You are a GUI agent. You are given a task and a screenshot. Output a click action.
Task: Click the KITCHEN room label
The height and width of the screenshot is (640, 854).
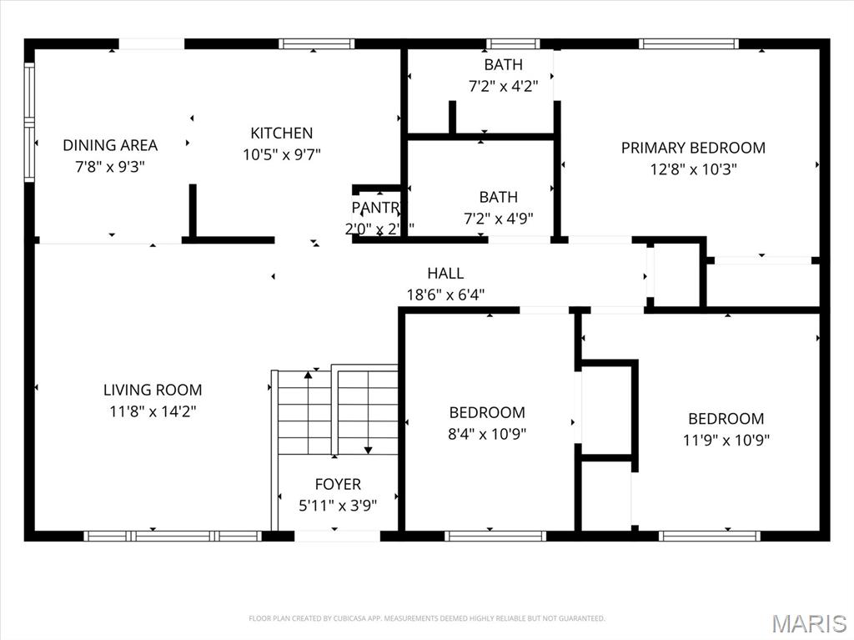coord(281,133)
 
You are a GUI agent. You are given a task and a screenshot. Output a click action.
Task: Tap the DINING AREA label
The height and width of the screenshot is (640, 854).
coord(110,145)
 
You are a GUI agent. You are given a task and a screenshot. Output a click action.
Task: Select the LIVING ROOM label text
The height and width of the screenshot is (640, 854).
coord(153,390)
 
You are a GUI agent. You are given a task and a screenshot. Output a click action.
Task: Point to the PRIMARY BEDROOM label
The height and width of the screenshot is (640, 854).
coord(693,148)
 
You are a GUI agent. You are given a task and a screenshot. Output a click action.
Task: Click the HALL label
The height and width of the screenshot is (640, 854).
coord(445,273)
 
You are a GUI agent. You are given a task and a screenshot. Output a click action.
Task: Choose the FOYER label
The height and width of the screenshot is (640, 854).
coord(338,484)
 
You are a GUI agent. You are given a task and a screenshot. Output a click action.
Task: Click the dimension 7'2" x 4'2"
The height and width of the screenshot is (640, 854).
coord(503,85)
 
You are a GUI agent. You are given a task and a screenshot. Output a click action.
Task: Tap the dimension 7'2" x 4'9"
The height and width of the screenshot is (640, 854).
coord(498,219)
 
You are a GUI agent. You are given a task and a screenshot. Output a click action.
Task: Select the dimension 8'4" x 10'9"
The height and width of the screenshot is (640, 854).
coord(487,434)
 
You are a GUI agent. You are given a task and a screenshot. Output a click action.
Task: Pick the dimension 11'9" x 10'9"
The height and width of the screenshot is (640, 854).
coord(726,440)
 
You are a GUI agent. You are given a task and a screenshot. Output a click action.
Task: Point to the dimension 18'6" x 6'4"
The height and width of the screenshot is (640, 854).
coord(445,294)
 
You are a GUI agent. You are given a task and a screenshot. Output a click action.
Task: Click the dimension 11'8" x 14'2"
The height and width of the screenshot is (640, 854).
coord(153,411)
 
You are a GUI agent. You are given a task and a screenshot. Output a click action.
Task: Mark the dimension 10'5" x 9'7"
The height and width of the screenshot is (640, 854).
coord(281,154)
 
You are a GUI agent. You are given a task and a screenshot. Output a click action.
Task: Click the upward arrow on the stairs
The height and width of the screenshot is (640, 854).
coord(308,377)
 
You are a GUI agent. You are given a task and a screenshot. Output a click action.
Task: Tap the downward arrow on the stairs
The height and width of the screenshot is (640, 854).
coord(368,449)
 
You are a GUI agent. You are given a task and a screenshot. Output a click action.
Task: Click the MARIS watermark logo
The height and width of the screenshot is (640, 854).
coord(809,622)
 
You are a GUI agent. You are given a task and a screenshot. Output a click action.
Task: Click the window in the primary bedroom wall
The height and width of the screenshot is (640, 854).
coord(689,43)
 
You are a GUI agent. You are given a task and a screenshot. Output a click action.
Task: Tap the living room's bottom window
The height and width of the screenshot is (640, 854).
coord(173,536)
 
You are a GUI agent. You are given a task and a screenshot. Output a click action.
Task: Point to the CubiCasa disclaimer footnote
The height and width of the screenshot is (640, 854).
coord(427,618)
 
